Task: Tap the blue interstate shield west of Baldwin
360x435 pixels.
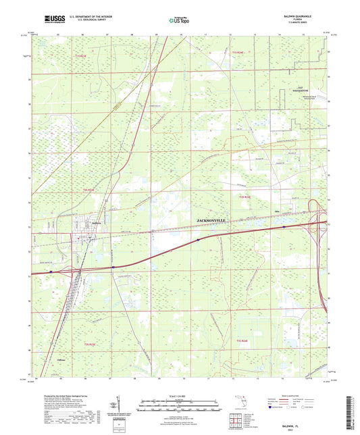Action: pos(51,272)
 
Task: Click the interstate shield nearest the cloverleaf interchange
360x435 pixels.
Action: pos(284,228)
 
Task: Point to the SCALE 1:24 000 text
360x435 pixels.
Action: pos(179,395)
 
